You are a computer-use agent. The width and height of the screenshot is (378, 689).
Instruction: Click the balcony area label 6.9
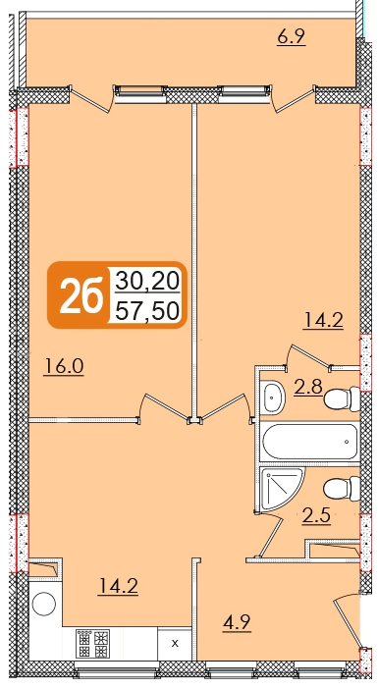pyautogui.click(x=291, y=37)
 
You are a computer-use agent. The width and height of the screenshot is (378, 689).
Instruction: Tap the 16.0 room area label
pyautogui.click(x=64, y=366)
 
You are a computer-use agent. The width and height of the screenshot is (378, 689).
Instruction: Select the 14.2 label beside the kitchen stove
pyautogui.click(x=118, y=586)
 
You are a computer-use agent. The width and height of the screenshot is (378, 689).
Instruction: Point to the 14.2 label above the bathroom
pyautogui.click(x=323, y=320)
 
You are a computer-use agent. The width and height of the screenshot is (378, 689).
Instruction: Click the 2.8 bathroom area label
pyautogui.click(x=308, y=387)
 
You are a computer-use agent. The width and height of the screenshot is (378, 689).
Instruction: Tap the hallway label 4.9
pyautogui.click(x=237, y=622)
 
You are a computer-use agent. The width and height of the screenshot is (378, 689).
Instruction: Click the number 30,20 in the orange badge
pyautogui.click(x=147, y=281)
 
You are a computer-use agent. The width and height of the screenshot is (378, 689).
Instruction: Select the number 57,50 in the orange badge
pyautogui.click(x=147, y=311)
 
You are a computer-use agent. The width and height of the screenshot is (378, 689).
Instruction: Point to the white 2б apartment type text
pyautogui.click(x=81, y=295)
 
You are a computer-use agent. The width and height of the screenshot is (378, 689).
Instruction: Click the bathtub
pyautogui.click(x=310, y=441)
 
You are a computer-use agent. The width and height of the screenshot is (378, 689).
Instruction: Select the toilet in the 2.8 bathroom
pyautogui.click(x=342, y=398)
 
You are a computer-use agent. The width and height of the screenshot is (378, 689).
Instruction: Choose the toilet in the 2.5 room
pyautogui.click(x=342, y=489)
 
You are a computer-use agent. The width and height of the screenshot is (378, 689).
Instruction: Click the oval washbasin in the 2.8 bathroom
pyautogui.click(x=273, y=397)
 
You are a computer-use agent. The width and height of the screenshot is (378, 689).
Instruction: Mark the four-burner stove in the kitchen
pyautogui.click(x=92, y=644)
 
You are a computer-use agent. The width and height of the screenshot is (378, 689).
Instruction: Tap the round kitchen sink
pyautogui.click(x=44, y=604)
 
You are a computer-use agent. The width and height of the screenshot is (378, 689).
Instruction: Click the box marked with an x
pyautogui.click(x=175, y=644)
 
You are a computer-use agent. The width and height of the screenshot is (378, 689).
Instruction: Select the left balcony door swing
pyautogui.click(x=89, y=99)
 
